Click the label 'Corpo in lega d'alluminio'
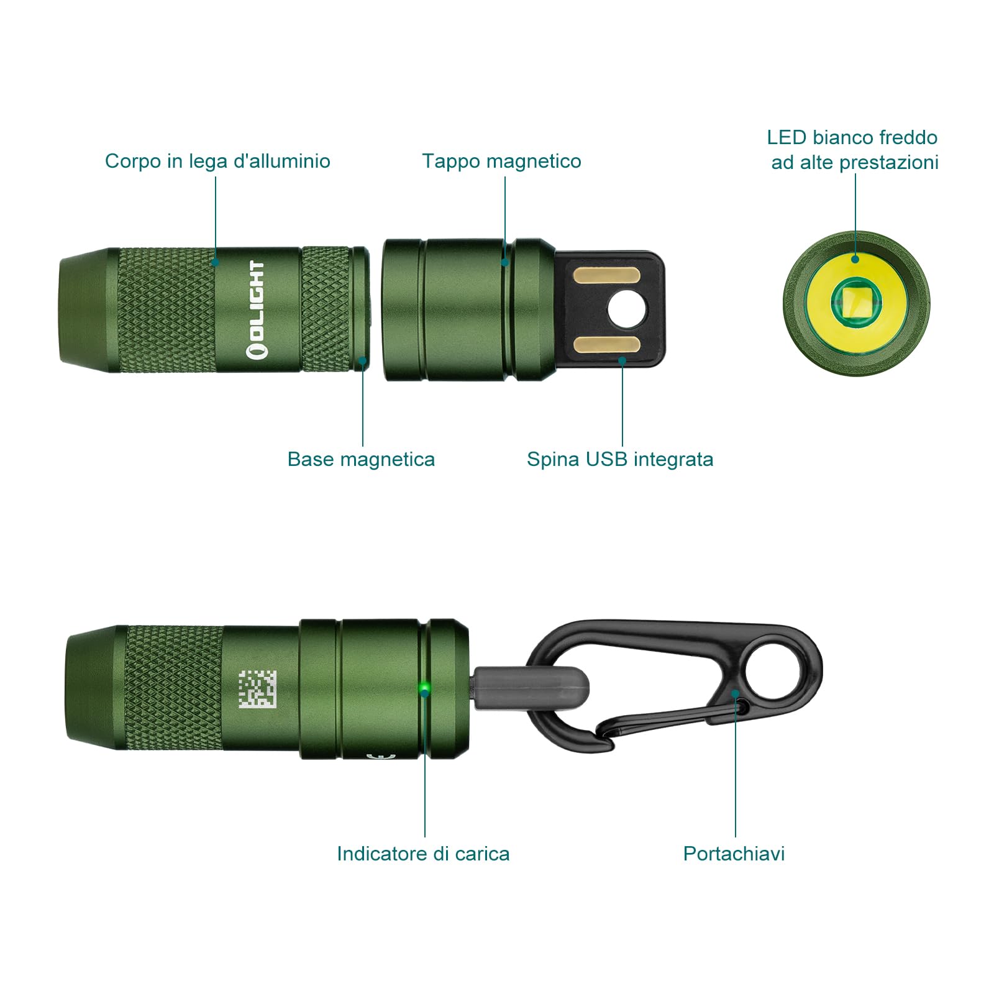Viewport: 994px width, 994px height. pyautogui.click(x=217, y=161)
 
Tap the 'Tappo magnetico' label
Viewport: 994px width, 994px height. pyautogui.click(x=501, y=161)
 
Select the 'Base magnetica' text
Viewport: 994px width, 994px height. pyautogui.click(x=361, y=459)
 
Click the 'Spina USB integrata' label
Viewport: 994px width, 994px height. pyautogui.click(x=620, y=459)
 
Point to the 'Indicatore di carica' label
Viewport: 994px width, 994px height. pyautogui.click(x=423, y=854)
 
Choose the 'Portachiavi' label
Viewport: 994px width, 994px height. pyautogui.click(x=734, y=854)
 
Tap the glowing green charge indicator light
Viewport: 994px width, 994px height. pyautogui.click(x=424, y=688)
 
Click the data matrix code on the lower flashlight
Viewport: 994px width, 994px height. pyautogui.click(x=257, y=689)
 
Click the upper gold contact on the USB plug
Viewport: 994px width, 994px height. pyautogui.click(x=606, y=275)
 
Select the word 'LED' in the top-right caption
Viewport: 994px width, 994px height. pyautogui.click(x=786, y=137)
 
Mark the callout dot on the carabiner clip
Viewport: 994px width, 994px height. pyautogui.click(x=735, y=693)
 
